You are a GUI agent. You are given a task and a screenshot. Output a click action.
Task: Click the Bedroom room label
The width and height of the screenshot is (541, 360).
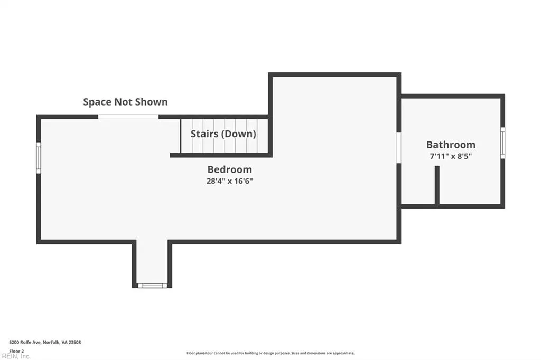tap(229, 169)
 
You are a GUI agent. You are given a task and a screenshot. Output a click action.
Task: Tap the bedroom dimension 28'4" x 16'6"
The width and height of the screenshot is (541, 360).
tap(229, 181)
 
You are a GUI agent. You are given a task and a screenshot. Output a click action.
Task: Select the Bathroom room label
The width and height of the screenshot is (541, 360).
tap(451, 145)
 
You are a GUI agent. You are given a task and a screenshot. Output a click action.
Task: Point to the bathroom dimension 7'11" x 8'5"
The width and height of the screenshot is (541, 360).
tap(451, 156)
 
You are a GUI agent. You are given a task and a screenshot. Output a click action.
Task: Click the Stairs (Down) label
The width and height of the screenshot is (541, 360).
tap(223, 134)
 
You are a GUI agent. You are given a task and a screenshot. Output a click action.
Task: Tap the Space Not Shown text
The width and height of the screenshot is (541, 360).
tap(125, 102)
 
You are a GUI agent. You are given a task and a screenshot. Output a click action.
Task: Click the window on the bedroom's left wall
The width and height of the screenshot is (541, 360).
tap(39, 157)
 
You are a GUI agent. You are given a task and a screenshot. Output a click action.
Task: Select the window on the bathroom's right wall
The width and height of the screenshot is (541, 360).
tap(502, 143)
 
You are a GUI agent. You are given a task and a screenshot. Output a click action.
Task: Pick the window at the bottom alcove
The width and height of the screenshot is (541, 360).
tap(152, 286)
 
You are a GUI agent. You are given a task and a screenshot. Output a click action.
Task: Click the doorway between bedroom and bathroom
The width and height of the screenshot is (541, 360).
tap(399, 147)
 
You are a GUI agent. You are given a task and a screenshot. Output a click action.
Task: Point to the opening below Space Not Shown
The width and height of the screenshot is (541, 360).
tap(128, 117)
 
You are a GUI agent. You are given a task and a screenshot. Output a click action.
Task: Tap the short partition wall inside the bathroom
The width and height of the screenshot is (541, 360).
tap(437, 185)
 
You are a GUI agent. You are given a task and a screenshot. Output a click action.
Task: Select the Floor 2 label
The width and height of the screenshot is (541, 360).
tap(17, 350)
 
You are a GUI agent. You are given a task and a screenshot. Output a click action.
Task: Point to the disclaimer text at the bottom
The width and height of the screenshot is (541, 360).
tap(270, 353)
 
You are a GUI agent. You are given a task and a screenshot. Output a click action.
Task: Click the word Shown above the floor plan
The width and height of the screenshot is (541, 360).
tap(151, 102)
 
